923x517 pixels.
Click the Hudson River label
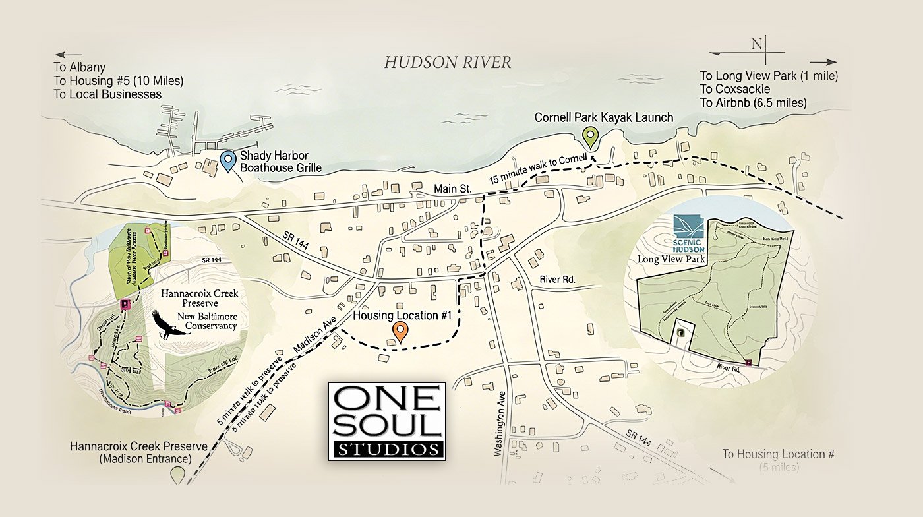click(448, 63)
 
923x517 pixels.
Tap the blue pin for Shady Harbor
click(228, 160)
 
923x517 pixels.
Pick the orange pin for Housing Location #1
click(399, 332)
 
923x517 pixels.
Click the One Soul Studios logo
click(387, 421)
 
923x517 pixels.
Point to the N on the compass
click(756, 44)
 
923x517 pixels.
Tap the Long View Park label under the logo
click(672, 259)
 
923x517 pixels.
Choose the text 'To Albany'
click(80, 68)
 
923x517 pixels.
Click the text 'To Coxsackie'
click(735, 89)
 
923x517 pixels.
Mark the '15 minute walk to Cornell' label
click(538, 171)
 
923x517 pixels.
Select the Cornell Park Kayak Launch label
click(604, 117)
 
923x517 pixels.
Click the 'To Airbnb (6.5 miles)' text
click(753, 103)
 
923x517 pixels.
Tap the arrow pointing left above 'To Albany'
click(69, 55)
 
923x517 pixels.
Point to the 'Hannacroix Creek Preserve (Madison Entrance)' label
click(139, 452)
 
